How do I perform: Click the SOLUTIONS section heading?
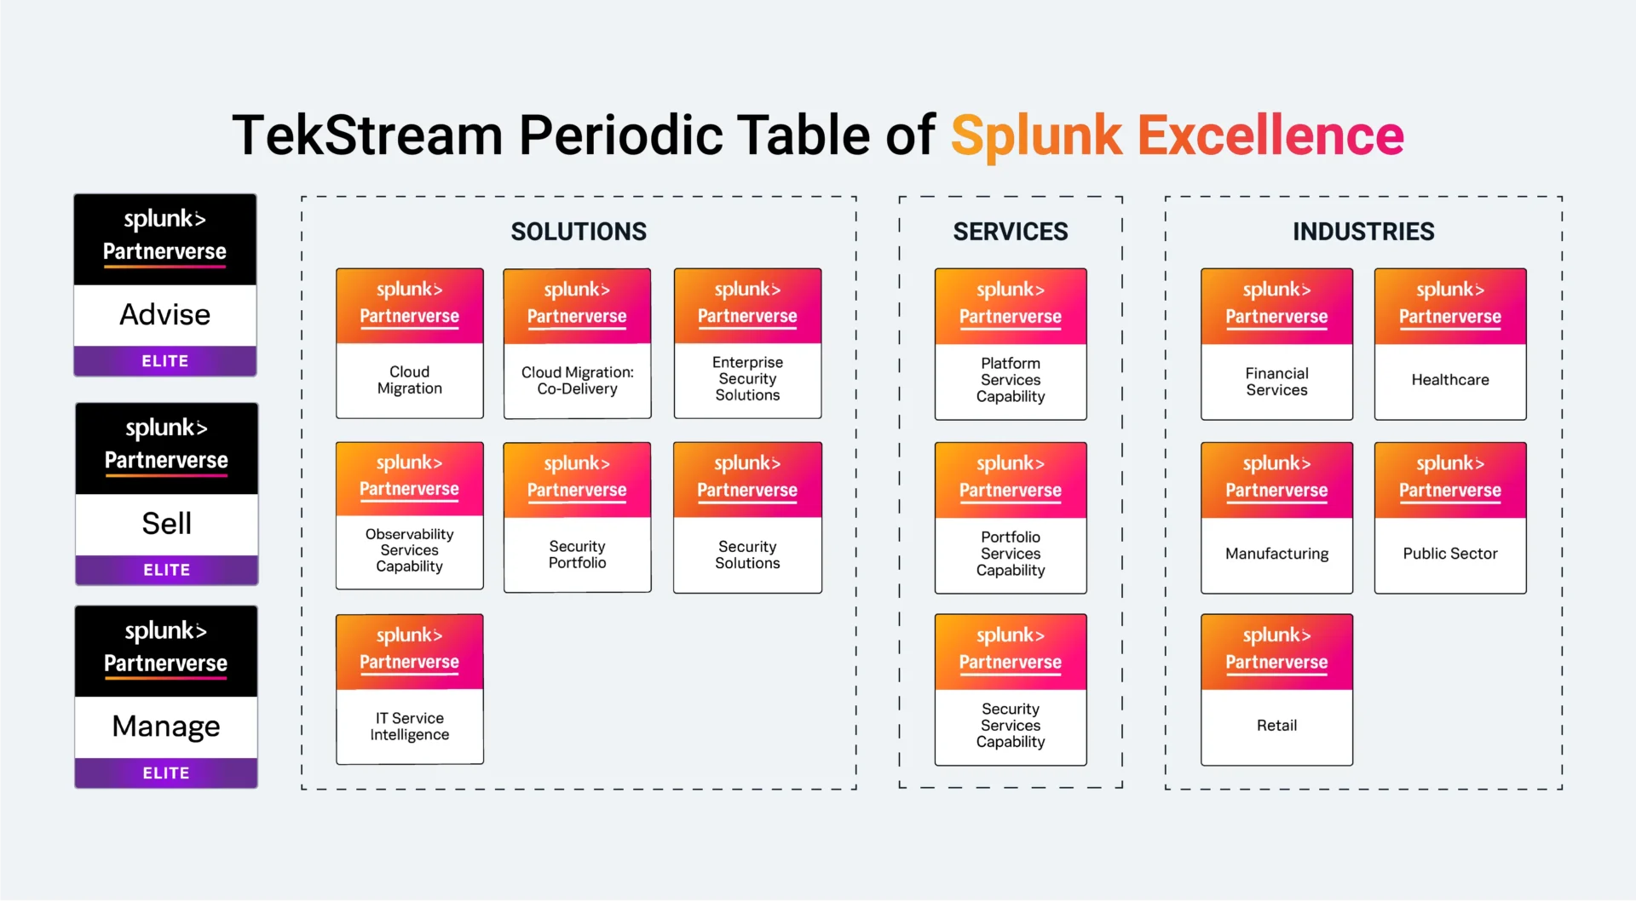click(579, 232)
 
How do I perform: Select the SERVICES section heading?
click(1010, 232)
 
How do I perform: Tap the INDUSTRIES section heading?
click(1362, 232)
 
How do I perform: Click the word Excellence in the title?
click(1270, 135)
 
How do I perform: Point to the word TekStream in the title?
click(367, 135)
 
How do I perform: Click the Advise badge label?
click(164, 315)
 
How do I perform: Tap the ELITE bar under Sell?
click(166, 570)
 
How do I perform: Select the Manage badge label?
click(166, 727)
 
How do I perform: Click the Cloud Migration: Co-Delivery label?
click(577, 381)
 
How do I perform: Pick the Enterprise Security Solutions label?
click(747, 379)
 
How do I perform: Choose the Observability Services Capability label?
click(409, 550)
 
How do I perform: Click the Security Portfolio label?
click(577, 554)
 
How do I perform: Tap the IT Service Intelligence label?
click(409, 727)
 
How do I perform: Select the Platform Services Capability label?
click(1010, 380)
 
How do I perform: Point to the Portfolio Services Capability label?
click(1010, 554)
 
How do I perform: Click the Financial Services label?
click(1276, 382)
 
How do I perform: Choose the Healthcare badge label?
click(1449, 380)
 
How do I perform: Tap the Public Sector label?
click(1449, 554)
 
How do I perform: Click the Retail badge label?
click(1276, 726)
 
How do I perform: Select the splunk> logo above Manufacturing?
click(1276, 463)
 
